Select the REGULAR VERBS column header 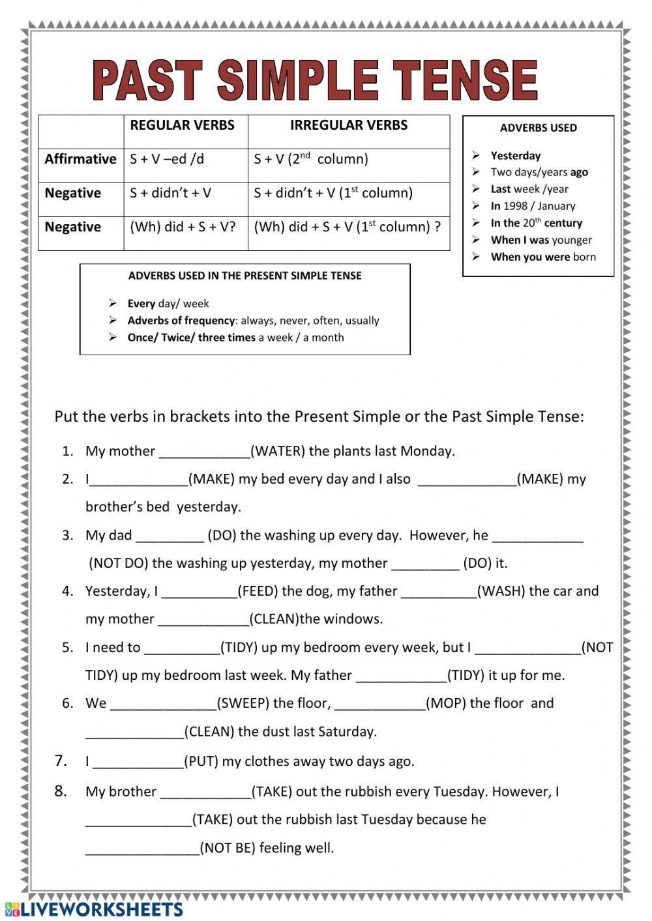click(x=182, y=125)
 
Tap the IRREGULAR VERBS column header click(x=349, y=125)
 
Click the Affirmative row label click(x=80, y=159)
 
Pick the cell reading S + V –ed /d click(x=167, y=159)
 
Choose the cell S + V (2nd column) click(x=311, y=159)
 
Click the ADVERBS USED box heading click(x=538, y=128)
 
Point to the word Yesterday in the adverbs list click(x=515, y=156)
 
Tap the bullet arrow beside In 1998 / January click(x=476, y=206)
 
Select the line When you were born click(x=543, y=257)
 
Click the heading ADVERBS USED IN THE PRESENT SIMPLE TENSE click(x=244, y=276)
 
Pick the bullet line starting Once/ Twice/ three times click(x=235, y=338)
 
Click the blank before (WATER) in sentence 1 click(x=204, y=452)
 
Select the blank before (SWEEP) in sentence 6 click(x=163, y=704)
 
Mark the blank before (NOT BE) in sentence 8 click(x=142, y=849)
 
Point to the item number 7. click(x=61, y=761)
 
